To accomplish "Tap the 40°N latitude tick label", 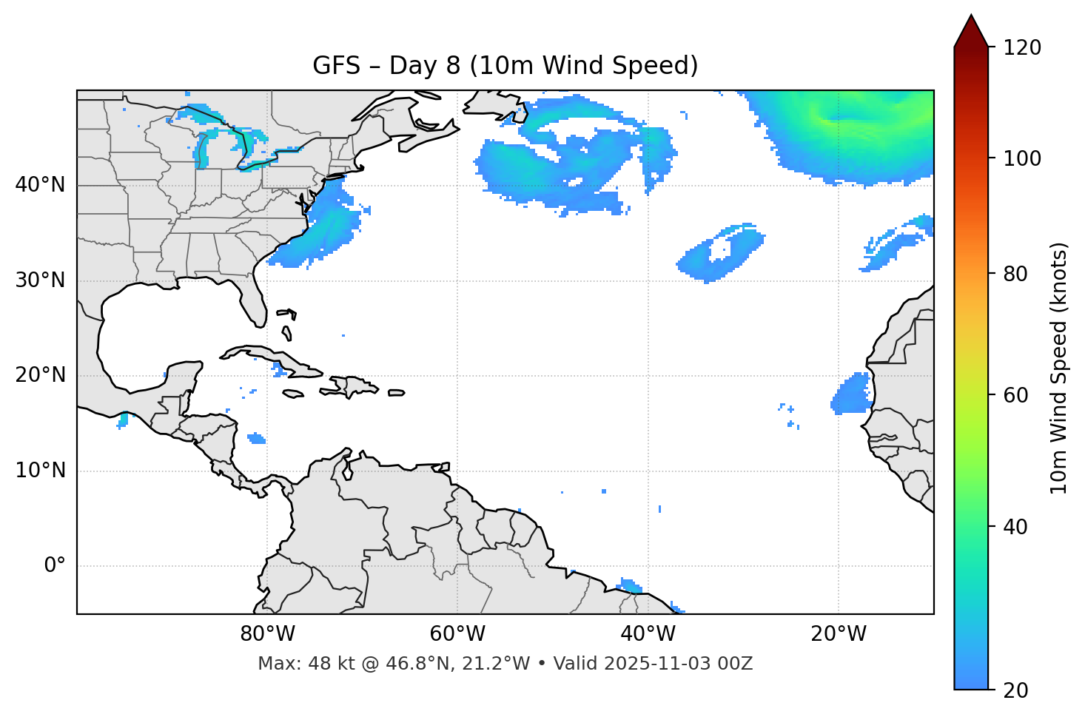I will pyautogui.click(x=40, y=185).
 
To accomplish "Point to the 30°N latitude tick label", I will pyautogui.click(x=40, y=280).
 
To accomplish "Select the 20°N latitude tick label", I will pyautogui.click(x=40, y=375).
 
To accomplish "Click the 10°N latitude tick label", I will pyautogui.click(x=40, y=471).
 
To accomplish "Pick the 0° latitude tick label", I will pyautogui.click(x=55, y=566).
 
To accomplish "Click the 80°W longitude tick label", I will pyautogui.click(x=267, y=634).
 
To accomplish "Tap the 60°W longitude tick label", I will pyautogui.click(x=457, y=634).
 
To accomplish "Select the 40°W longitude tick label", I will pyautogui.click(x=648, y=634).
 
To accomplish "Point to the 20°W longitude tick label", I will pyautogui.click(x=838, y=634).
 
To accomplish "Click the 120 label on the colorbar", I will pyautogui.click(x=1022, y=48).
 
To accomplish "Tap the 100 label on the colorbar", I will pyautogui.click(x=1022, y=158).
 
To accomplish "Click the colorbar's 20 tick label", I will pyautogui.click(x=1016, y=690).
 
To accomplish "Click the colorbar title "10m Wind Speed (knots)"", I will pyautogui.click(x=1059, y=368).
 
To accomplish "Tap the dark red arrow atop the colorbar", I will pyautogui.click(x=971, y=32).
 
